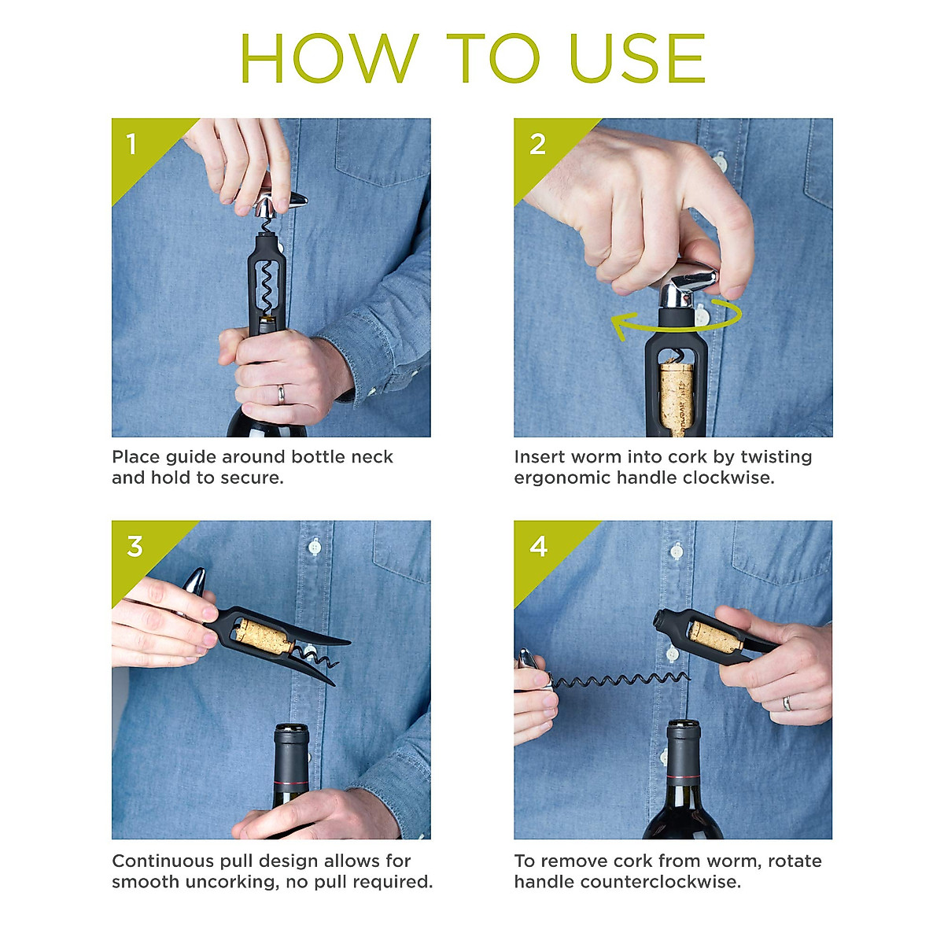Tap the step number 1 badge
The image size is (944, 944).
click(x=132, y=145)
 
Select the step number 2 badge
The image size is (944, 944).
click(x=537, y=145)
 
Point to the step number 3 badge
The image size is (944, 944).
click(x=135, y=547)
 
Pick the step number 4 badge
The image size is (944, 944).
click(x=539, y=547)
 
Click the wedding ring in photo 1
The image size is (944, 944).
click(x=281, y=393)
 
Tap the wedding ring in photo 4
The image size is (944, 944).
click(x=787, y=702)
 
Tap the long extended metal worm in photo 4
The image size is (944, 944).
click(x=621, y=679)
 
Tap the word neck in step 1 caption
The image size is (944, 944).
click(x=372, y=457)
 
